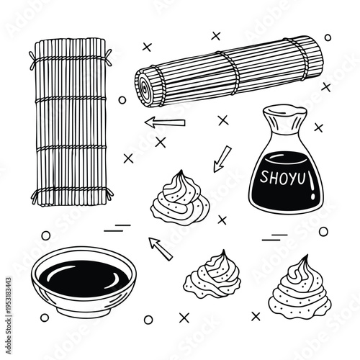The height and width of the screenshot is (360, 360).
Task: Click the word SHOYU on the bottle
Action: point(282,175)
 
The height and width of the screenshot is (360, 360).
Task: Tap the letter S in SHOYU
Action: point(264,175)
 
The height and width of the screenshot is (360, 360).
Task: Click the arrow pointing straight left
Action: point(164,122)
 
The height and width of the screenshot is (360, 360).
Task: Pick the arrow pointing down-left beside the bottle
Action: point(221,159)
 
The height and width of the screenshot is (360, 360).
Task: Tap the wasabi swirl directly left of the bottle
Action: point(179,197)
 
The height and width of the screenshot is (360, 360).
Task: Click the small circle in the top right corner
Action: point(328,37)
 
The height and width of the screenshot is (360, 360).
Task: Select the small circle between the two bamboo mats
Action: point(122,100)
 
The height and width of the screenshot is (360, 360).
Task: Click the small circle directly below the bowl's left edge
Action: point(45,318)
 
